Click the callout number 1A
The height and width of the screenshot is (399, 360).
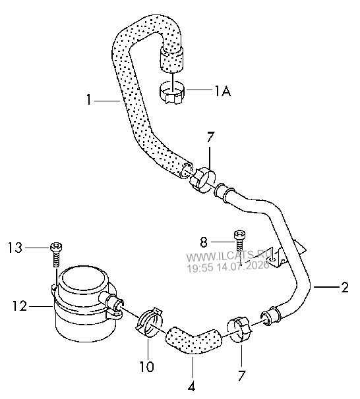point(222,91)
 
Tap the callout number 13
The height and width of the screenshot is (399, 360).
point(15,248)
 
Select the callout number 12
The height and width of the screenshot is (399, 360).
point(20,306)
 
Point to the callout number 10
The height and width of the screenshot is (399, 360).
point(147,367)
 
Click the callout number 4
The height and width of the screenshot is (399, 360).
point(191,386)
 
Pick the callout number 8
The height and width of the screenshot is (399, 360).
point(204,242)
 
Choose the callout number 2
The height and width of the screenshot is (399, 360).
point(345,287)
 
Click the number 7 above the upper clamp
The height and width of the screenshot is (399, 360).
point(210,138)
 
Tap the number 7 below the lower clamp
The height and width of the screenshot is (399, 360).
point(241,376)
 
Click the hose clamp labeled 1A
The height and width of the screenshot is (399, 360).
point(172,93)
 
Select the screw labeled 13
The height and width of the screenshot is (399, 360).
point(56,254)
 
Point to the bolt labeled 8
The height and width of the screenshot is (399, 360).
point(240,240)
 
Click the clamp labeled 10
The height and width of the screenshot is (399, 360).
point(149,322)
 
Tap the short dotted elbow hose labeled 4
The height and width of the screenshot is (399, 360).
point(193,340)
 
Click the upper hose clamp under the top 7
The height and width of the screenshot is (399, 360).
point(202,179)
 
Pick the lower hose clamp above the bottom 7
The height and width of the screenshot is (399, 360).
point(240,329)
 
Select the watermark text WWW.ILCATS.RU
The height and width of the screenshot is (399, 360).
point(228,257)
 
